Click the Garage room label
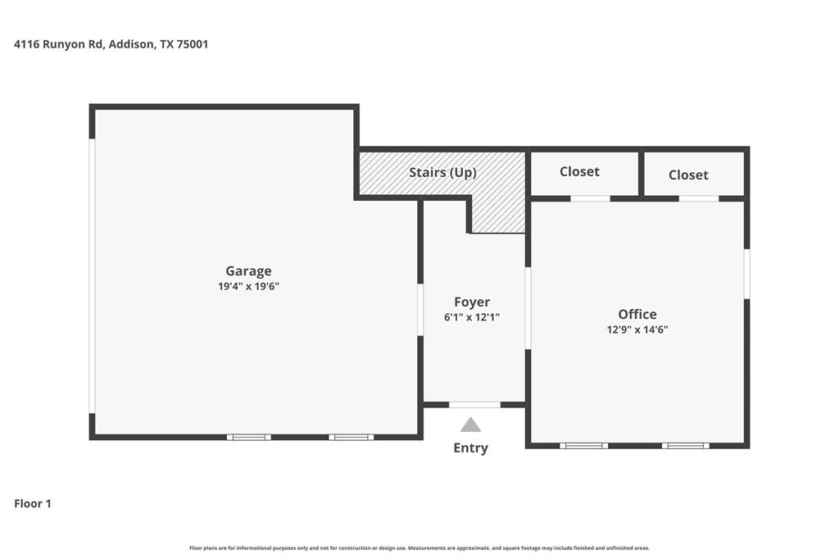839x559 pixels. click(x=248, y=271)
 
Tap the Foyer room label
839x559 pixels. click(x=472, y=302)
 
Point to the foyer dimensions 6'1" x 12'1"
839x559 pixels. click(x=472, y=317)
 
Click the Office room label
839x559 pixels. click(x=637, y=314)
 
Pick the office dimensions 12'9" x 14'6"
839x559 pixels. click(x=637, y=329)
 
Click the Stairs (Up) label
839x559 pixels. click(x=442, y=172)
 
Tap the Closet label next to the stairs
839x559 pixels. click(x=579, y=171)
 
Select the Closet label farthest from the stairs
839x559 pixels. click(x=687, y=175)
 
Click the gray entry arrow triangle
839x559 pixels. click(x=470, y=425)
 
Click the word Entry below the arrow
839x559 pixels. click(x=470, y=448)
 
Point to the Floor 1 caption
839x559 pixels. click(x=33, y=503)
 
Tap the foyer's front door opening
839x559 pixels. click(x=474, y=404)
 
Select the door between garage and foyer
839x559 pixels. click(x=420, y=310)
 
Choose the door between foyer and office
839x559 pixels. click(x=528, y=307)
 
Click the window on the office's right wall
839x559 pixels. click(x=746, y=274)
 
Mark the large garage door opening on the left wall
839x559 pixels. click(x=93, y=275)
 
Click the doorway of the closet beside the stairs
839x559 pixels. click(x=590, y=198)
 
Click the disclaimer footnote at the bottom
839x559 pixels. click(x=419, y=548)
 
